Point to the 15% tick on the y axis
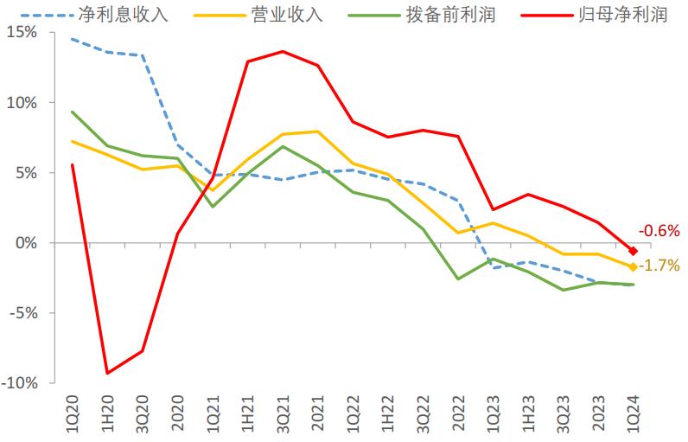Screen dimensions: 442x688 [23, 32]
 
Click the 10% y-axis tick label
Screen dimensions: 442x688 [23, 102]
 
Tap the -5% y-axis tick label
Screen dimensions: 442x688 [25, 313]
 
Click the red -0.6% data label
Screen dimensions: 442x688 [659, 231]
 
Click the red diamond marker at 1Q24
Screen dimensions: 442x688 [633, 251]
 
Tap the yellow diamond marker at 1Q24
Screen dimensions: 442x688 [633, 266]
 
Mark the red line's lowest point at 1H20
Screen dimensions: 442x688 [107, 374]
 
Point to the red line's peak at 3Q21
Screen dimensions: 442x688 [283, 51]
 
